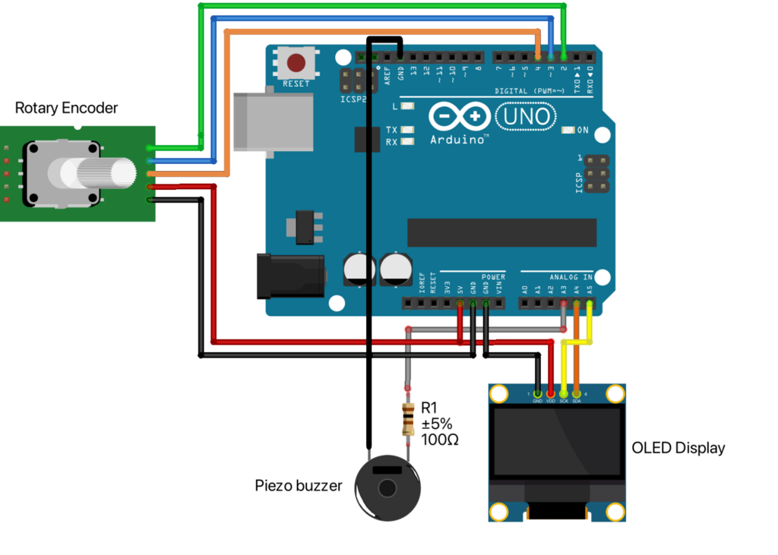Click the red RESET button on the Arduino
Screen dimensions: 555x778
(296, 63)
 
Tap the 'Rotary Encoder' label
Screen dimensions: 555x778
(67, 108)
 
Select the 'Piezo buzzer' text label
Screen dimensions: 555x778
(299, 485)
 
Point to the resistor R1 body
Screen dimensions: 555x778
(408, 418)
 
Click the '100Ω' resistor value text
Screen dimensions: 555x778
(439, 439)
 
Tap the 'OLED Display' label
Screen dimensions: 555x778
(678, 448)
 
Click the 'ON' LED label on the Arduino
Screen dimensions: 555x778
(583, 130)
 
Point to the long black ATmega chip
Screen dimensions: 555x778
(501, 232)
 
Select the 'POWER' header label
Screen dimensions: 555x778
(493, 277)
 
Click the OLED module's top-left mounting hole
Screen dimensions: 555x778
(499, 394)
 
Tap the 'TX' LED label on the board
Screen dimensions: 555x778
(392, 130)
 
